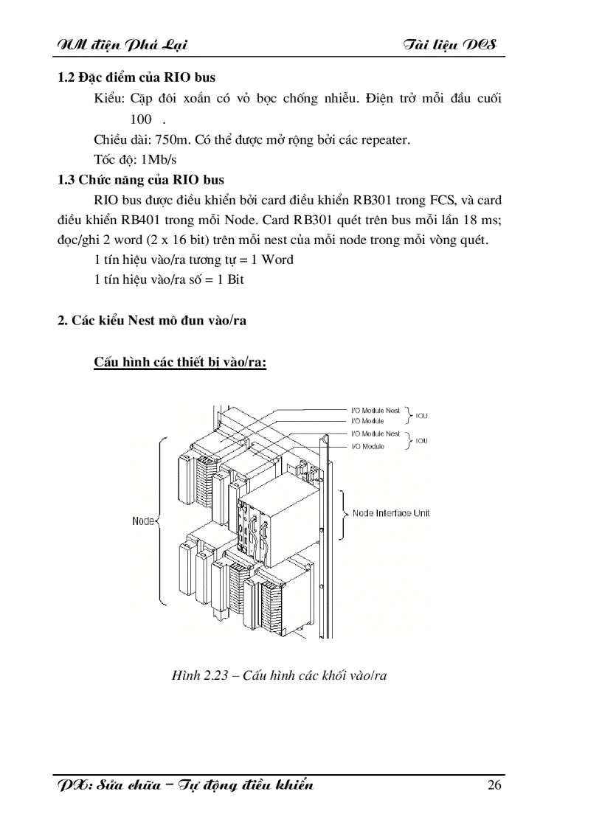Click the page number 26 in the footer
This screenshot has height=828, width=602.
pyautogui.click(x=494, y=784)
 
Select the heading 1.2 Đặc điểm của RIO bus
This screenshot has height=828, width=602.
pyautogui.click(x=136, y=77)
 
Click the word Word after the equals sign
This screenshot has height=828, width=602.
pyautogui.click(x=277, y=260)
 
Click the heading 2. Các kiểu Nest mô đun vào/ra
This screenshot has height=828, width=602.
pyautogui.click(x=152, y=320)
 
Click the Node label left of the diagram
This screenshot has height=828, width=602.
pyautogui.click(x=143, y=521)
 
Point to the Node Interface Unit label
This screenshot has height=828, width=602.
pyautogui.click(x=391, y=513)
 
